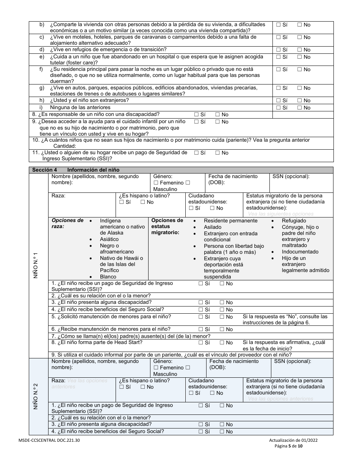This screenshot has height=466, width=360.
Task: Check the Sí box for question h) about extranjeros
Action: (279, 100)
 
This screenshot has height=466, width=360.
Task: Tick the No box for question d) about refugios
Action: (299, 50)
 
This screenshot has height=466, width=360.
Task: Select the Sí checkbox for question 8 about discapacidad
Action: (196, 114)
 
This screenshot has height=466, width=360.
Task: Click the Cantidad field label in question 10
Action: (65, 146)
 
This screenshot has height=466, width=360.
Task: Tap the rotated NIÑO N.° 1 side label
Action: (36, 266)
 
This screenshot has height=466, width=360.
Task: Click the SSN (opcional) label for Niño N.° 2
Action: (292, 361)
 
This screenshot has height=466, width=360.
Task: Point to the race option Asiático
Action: (109, 239)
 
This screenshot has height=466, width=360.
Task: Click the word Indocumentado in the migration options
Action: (300, 252)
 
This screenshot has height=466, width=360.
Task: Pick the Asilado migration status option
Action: (213, 227)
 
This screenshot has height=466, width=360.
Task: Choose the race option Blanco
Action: (108, 277)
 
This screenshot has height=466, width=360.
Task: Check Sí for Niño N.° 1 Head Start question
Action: (201, 342)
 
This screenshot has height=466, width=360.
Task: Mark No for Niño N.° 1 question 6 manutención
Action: (222, 329)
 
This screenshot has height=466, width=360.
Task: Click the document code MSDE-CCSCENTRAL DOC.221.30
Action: (49, 441)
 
